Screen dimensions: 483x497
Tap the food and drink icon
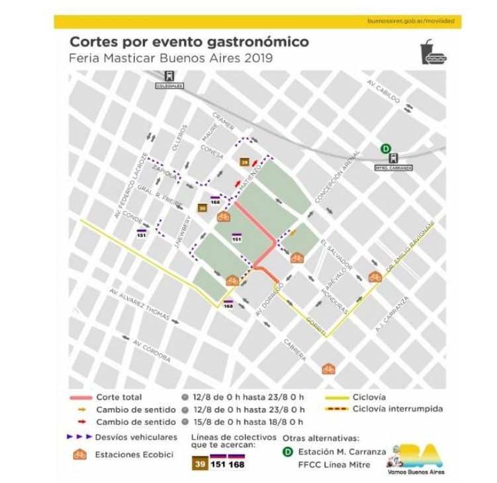point(433,53)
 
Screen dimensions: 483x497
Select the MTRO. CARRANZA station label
point(393,167)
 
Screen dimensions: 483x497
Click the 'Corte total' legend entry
point(119,398)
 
